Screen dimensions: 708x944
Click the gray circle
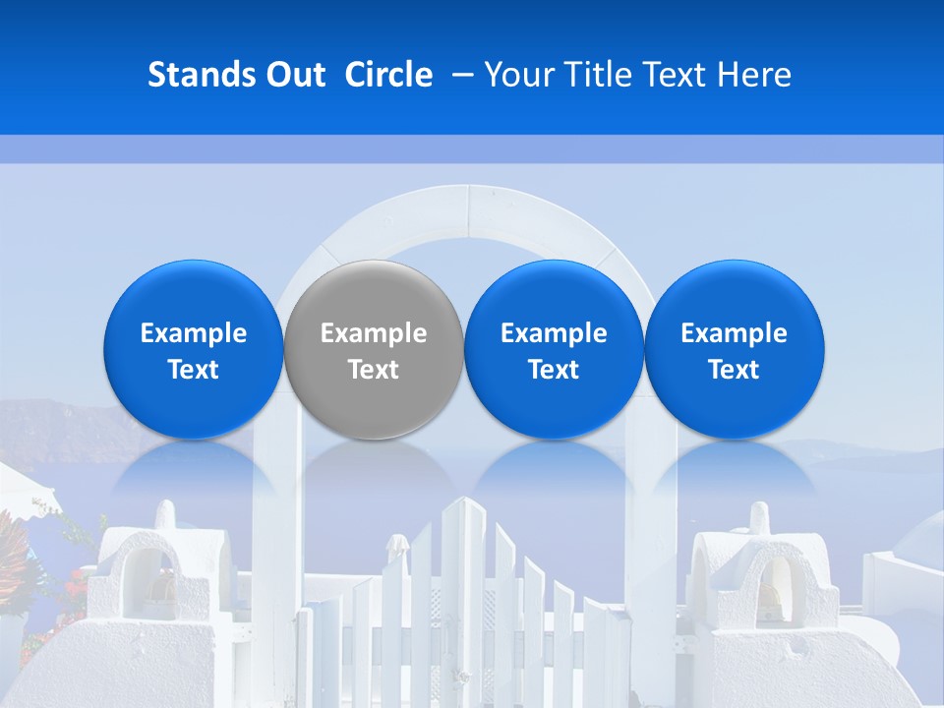pyautogui.click(x=373, y=295)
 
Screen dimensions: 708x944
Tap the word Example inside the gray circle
pyautogui.click(x=373, y=333)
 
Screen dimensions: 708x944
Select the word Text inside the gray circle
pyautogui.click(x=373, y=370)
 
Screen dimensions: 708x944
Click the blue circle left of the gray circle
pyautogui.click(x=193, y=295)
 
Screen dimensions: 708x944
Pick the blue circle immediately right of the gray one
pyautogui.click(x=553, y=295)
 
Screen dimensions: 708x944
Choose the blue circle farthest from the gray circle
pyautogui.click(x=734, y=295)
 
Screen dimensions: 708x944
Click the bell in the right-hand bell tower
pyautogui.click(x=770, y=596)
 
